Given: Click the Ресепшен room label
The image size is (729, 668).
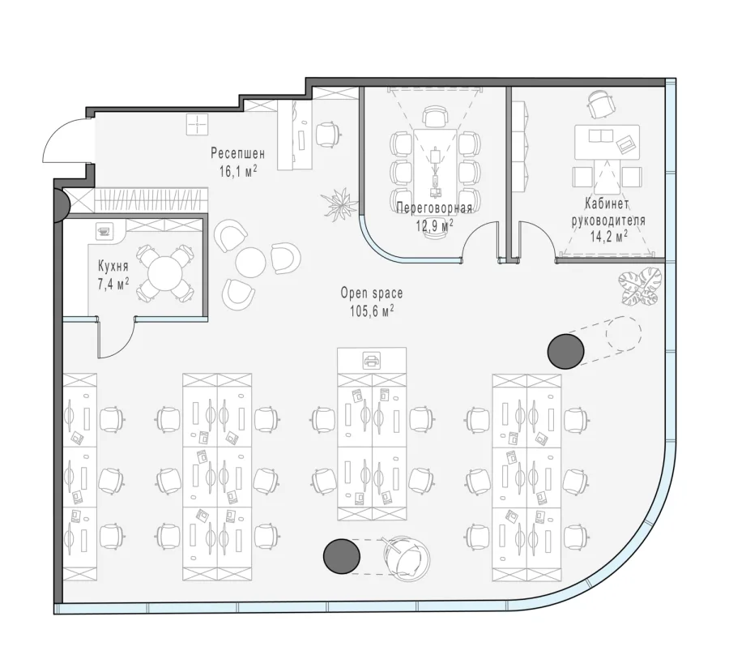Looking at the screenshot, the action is point(237,153).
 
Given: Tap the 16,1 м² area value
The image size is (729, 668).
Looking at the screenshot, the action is point(238,171).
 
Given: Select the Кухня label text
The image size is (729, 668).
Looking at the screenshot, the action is point(113,266).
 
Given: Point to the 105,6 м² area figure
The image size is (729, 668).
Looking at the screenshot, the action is point(372,310).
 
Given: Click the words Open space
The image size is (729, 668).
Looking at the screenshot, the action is point(372,293).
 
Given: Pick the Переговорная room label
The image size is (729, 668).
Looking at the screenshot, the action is point(434,208).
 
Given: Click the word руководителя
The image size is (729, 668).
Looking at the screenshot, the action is point(608,221).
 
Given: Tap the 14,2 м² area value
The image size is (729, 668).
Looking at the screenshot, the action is point(609,237).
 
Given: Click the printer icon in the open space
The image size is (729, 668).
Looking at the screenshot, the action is point(372,360).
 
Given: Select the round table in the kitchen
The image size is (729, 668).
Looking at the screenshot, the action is point(164,273).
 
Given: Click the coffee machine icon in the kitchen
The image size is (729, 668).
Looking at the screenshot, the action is point(105,230).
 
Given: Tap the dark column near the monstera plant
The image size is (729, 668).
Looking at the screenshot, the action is point(565,351).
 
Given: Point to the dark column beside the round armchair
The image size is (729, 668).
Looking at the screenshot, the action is point(342,556).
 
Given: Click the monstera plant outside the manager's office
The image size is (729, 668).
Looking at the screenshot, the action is point(640,286).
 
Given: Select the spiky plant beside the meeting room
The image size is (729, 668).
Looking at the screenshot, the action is point(339,203).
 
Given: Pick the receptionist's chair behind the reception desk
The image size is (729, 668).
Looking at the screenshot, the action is point(328,135).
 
